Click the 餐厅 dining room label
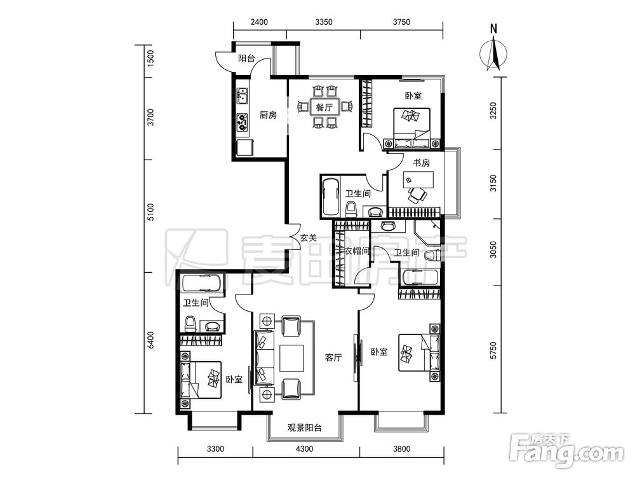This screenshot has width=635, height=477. [x=324, y=107]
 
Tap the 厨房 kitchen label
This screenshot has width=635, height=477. [x=268, y=115]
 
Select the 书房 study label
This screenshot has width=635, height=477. [x=421, y=163]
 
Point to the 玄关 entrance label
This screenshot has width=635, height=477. [x=308, y=238]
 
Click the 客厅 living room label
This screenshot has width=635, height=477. [x=333, y=357]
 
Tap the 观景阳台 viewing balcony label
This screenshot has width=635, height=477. [x=305, y=427]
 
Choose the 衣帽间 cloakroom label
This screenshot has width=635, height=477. [x=357, y=251]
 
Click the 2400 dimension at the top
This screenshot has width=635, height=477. [x=259, y=22]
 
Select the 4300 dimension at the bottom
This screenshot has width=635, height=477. [x=305, y=449]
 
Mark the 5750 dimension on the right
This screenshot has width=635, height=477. [x=493, y=350]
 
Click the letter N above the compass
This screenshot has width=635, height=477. [x=493, y=29]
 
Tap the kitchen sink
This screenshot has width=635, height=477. [x=243, y=96]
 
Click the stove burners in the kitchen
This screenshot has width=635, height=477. [x=242, y=122]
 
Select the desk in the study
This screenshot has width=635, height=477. [x=418, y=180]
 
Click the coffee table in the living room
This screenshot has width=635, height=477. [x=291, y=358]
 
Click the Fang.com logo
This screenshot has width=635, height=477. [x=567, y=450]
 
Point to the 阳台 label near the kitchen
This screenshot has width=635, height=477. [x=246, y=58]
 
